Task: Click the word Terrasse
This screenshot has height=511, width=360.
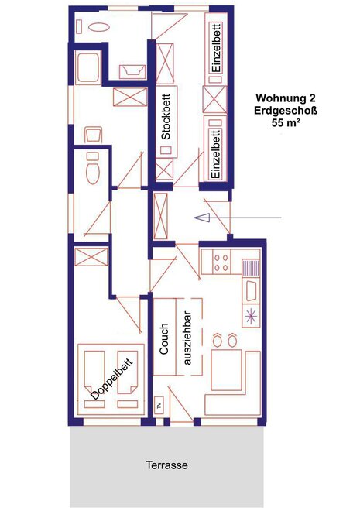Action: click(166, 465)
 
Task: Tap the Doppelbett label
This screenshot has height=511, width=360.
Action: click(112, 379)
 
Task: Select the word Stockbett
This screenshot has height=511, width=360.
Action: click(166, 117)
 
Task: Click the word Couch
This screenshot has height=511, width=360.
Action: click(164, 338)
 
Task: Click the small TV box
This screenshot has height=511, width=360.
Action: click(159, 406)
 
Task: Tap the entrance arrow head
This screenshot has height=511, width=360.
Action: click(201, 218)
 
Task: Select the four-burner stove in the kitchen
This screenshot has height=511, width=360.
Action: click(221, 262)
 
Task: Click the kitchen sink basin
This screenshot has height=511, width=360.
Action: click(251, 291)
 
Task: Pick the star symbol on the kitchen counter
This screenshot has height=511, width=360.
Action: click(251, 317)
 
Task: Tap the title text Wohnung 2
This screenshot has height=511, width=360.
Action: click(286, 98)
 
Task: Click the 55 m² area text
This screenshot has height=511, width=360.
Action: click(286, 123)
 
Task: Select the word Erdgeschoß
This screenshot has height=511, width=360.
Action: click(286, 111)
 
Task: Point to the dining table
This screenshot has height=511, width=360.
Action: click(226, 369)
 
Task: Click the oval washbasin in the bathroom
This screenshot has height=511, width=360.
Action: click(99, 27)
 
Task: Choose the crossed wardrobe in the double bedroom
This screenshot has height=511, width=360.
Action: click(91, 257)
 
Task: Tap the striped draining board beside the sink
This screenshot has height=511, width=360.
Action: click(251, 268)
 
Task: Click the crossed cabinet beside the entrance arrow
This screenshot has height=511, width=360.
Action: click(160, 216)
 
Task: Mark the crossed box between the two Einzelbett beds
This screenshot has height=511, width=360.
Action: click(214, 99)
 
